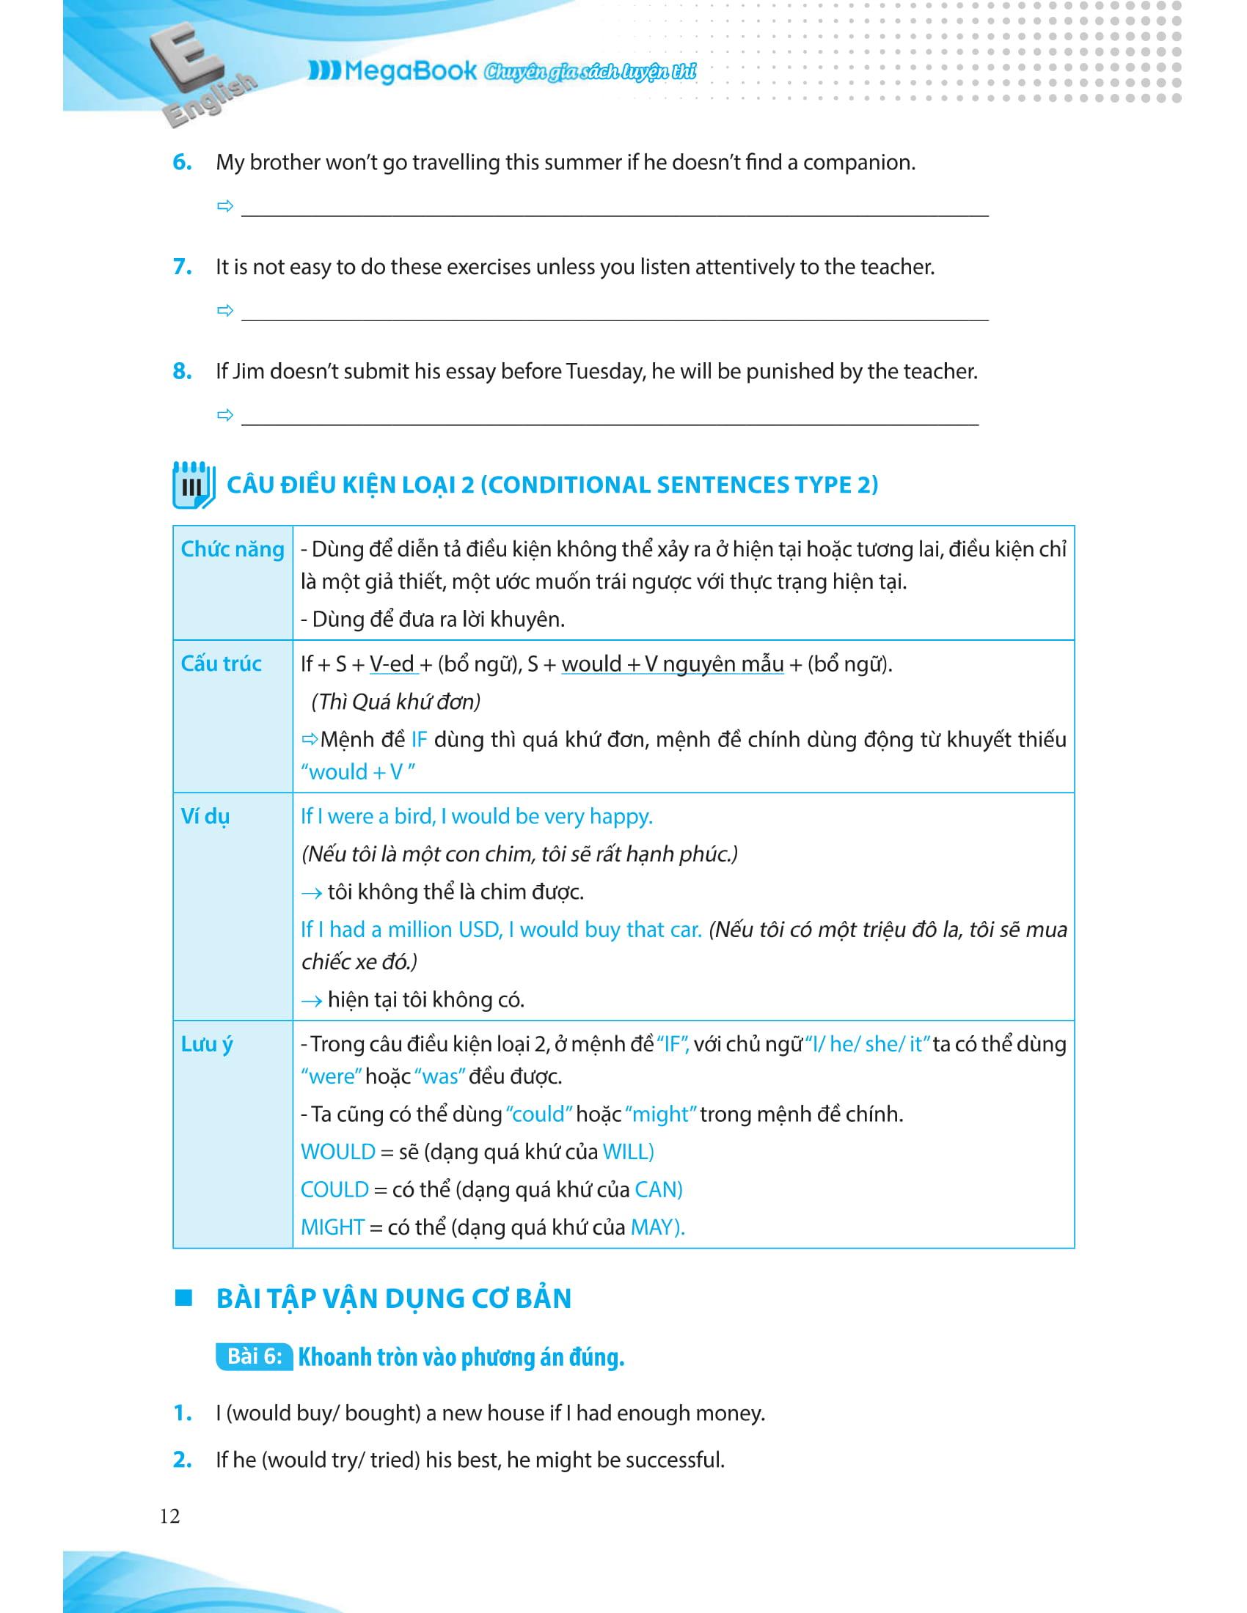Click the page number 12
point(169,1516)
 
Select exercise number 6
point(182,163)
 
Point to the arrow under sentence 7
point(225,310)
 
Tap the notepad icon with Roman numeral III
point(193,485)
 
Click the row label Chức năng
point(232,549)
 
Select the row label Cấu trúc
point(221,664)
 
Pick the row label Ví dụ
point(205,817)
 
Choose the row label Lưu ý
point(207,1045)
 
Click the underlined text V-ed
point(392,665)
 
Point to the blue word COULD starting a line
point(334,1190)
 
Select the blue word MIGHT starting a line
point(332,1227)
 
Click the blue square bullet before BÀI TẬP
point(183,1298)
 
